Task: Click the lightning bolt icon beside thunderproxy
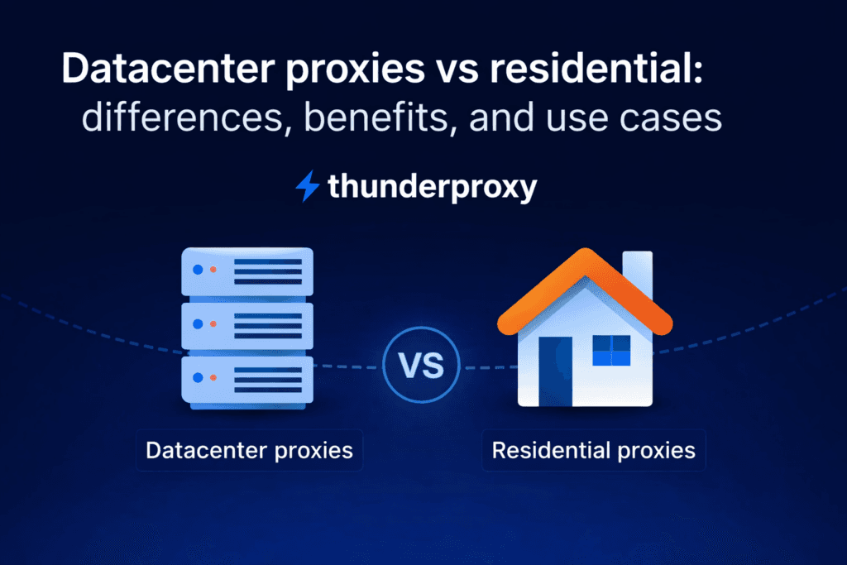pyautogui.click(x=307, y=186)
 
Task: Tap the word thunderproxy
pyautogui.click(x=432, y=187)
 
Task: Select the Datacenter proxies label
pyautogui.click(x=249, y=451)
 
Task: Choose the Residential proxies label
pyautogui.click(x=593, y=451)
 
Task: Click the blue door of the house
pyautogui.click(x=555, y=370)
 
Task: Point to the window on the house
pyautogui.click(x=610, y=350)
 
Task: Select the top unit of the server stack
pyautogui.click(x=247, y=272)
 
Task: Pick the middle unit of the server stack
pyautogui.click(x=247, y=325)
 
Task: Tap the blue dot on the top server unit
pyautogui.click(x=197, y=270)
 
